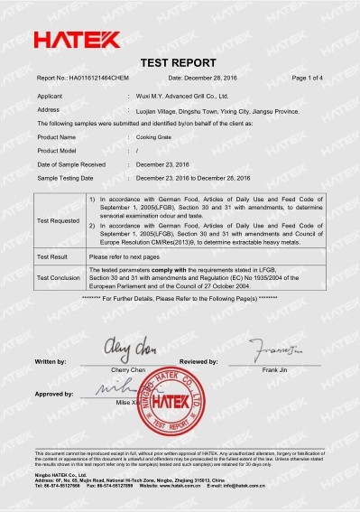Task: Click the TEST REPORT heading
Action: coord(180,64)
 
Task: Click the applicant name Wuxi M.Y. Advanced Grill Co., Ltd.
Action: coord(181,95)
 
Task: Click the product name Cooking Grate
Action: coord(154,136)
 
